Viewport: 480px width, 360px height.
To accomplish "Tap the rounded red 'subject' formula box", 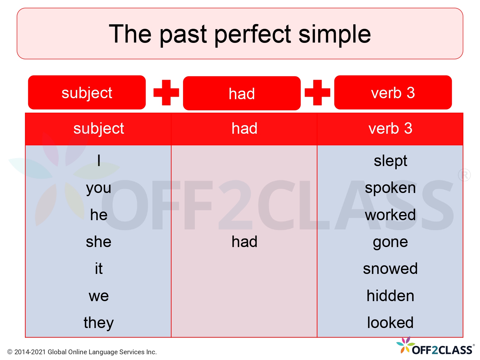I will point(87,92).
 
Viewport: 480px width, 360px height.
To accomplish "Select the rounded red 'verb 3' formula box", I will point(393,92).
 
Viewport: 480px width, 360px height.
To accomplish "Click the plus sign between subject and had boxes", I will point(166,92).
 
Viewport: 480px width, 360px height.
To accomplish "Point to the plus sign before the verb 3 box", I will point(317,92).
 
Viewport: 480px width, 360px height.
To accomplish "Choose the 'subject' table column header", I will point(98,129).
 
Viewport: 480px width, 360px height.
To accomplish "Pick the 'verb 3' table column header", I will point(390,129).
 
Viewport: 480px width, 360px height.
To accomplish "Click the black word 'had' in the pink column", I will point(244,242).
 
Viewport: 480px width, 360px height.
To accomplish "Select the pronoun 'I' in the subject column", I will point(99,160).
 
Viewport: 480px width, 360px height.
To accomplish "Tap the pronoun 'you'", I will point(99,188).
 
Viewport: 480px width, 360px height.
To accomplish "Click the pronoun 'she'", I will point(99,242).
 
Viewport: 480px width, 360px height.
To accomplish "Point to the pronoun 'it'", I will point(99,268).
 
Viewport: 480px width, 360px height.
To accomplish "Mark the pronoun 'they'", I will point(99,323).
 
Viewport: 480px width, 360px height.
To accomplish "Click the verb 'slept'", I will point(390,161).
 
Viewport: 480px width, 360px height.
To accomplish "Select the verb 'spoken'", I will point(390,188).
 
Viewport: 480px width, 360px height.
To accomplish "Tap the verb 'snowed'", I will point(390,268).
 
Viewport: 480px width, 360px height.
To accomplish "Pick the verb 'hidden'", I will point(390,296).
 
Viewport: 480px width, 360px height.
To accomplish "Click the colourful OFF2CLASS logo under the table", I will point(435,347).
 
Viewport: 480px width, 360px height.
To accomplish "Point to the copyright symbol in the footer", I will point(10,352).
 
